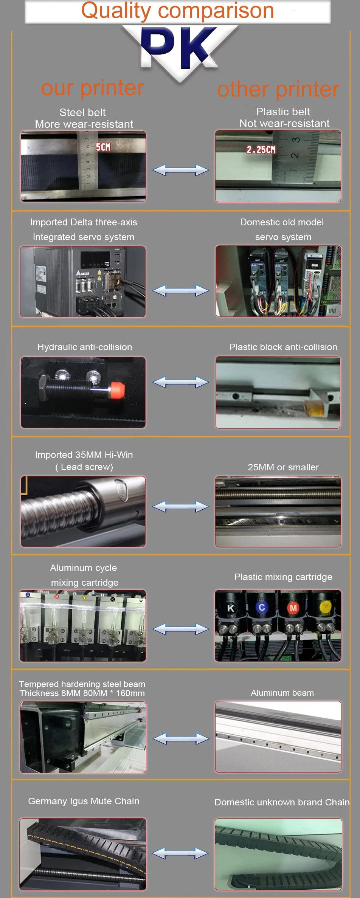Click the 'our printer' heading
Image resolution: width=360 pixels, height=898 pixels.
[x=93, y=88]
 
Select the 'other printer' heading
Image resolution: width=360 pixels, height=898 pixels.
[x=278, y=89]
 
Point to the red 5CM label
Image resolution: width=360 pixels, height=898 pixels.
[x=103, y=147]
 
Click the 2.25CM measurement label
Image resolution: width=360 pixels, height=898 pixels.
[x=261, y=150]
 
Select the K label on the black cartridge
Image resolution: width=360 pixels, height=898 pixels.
[x=231, y=608]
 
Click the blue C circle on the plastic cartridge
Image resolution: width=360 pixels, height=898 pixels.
[x=262, y=607]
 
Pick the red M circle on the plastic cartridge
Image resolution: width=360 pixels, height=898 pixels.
[x=293, y=608]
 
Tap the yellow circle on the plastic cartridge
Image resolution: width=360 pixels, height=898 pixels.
[x=325, y=607]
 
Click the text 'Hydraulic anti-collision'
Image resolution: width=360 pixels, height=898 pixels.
[x=85, y=347]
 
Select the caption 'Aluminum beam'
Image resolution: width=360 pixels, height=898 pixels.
[x=282, y=693]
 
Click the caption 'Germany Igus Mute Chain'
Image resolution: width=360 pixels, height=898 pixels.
[x=84, y=801]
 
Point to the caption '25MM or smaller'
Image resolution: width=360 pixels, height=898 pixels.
[x=283, y=467]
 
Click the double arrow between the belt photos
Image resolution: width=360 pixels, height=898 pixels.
[x=180, y=170]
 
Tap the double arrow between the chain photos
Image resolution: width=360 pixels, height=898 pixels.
[x=180, y=853]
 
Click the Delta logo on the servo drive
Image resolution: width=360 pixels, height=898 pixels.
[x=83, y=273]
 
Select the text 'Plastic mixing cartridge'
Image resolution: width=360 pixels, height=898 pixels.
[x=283, y=577]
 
